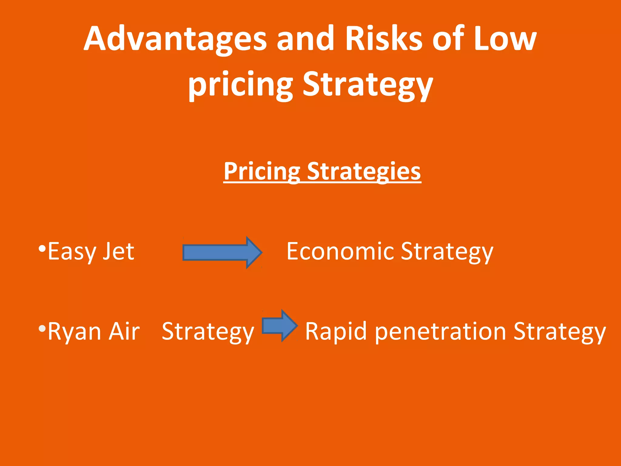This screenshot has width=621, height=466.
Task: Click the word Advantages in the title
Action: pos(175,39)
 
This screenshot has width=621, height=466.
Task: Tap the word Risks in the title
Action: pos(384,39)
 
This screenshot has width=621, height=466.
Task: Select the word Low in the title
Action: pos(505,39)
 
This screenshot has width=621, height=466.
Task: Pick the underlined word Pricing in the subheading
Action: pos(262,171)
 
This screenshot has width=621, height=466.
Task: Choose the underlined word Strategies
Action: pos(364,171)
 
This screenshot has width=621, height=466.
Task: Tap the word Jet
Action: pos(119,252)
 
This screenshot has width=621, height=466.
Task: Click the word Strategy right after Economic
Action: pos(447,252)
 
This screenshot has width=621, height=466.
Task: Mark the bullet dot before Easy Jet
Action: pos(42,249)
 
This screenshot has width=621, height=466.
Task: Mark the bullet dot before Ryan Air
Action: pos(42,329)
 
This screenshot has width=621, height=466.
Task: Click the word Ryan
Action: pos(74,332)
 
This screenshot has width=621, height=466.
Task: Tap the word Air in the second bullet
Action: pos(124,332)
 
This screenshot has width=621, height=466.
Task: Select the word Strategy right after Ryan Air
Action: pos(208,332)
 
